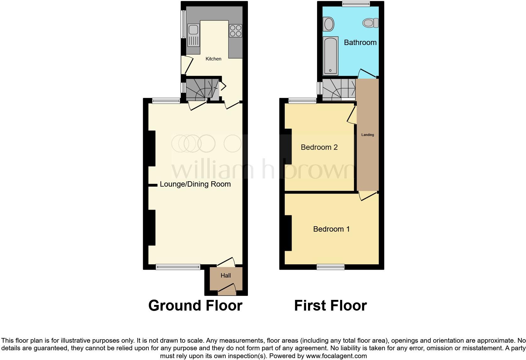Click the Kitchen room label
click(213, 59)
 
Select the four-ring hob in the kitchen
click(235, 31)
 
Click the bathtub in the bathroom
click(330, 56)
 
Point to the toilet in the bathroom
click(370, 23)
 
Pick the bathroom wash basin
click(328, 24)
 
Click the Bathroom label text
click(360, 42)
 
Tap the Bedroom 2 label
click(319, 147)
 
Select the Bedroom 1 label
click(331, 229)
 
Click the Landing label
click(367, 135)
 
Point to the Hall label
click(226, 276)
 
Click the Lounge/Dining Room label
click(195, 184)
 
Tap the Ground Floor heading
click(195, 306)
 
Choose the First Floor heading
click(330, 306)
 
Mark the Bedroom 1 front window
click(330, 267)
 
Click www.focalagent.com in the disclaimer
click(336, 356)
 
